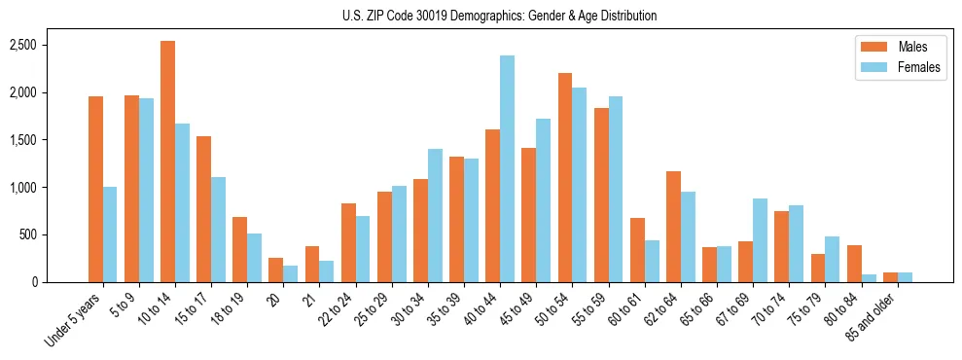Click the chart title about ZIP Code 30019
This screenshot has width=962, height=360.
pyautogui.click(x=499, y=16)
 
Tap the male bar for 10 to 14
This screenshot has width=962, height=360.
pyautogui.click(x=167, y=162)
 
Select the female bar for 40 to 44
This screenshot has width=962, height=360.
pyautogui.click(x=508, y=169)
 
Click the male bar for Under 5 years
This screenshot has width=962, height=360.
pyautogui.click(x=95, y=190)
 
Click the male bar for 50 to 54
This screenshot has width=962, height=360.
pyautogui.click(x=565, y=178)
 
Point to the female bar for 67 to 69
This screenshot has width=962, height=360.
pyautogui.click(x=761, y=240)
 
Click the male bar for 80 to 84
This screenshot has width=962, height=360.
pyautogui.click(x=854, y=264)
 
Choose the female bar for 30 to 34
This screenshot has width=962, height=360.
pyautogui.click(x=435, y=216)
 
